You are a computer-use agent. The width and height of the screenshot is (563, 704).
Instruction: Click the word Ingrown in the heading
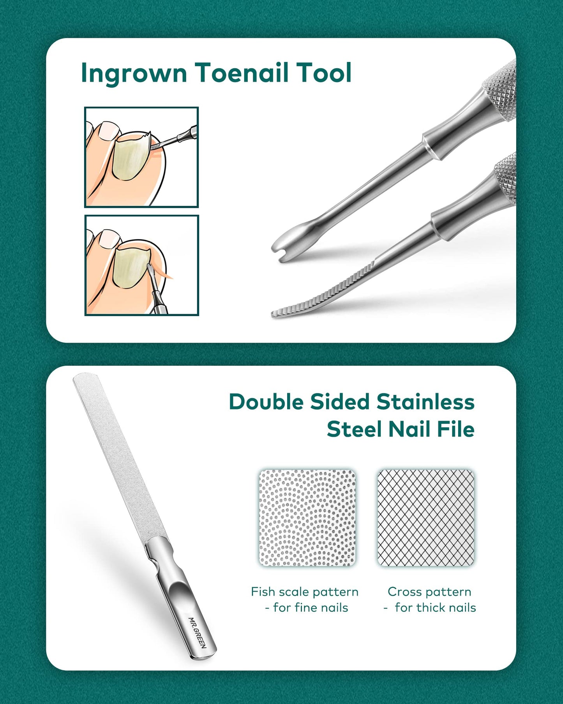(134, 74)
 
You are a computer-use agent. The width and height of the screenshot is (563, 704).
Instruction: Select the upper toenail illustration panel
(141, 157)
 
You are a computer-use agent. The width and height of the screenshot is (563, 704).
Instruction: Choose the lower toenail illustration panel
(142, 265)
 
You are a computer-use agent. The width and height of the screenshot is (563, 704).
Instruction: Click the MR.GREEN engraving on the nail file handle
(197, 632)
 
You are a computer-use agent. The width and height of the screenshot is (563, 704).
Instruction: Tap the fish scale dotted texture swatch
(307, 518)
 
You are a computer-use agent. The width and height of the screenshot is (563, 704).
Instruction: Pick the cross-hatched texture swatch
(426, 518)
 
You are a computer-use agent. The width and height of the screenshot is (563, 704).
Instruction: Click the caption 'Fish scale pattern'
(305, 592)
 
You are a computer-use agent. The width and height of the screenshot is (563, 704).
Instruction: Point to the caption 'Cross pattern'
(429, 592)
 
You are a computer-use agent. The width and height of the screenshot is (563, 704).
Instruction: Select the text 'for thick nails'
(435, 607)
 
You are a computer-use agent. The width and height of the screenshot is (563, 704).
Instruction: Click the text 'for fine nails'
(311, 607)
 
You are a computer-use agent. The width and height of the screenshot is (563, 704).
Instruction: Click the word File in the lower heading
(455, 429)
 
